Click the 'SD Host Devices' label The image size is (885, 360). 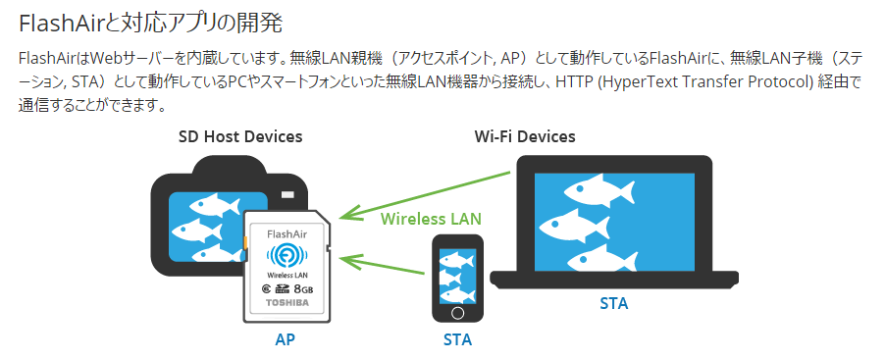tap(239, 136)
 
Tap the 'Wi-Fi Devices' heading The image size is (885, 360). tap(525, 136)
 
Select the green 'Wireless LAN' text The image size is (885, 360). tap(431, 218)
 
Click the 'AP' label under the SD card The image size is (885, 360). tap(285, 339)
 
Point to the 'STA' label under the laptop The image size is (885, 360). tap(614, 303)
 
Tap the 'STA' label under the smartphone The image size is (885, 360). tap(457, 340)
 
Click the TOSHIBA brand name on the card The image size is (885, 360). tap(287, 303)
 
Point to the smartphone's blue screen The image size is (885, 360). tap(457, 274)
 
